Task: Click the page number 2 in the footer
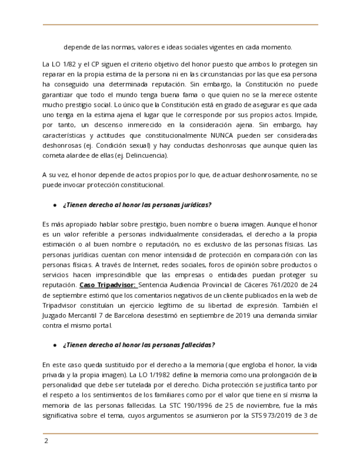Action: [x=46, y=441]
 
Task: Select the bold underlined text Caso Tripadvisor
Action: [x=107, y=285]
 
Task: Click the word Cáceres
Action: [x=246, y=285]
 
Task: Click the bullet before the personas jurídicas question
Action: [x=55, y=204]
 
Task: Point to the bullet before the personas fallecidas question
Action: [x=55, y=345]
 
